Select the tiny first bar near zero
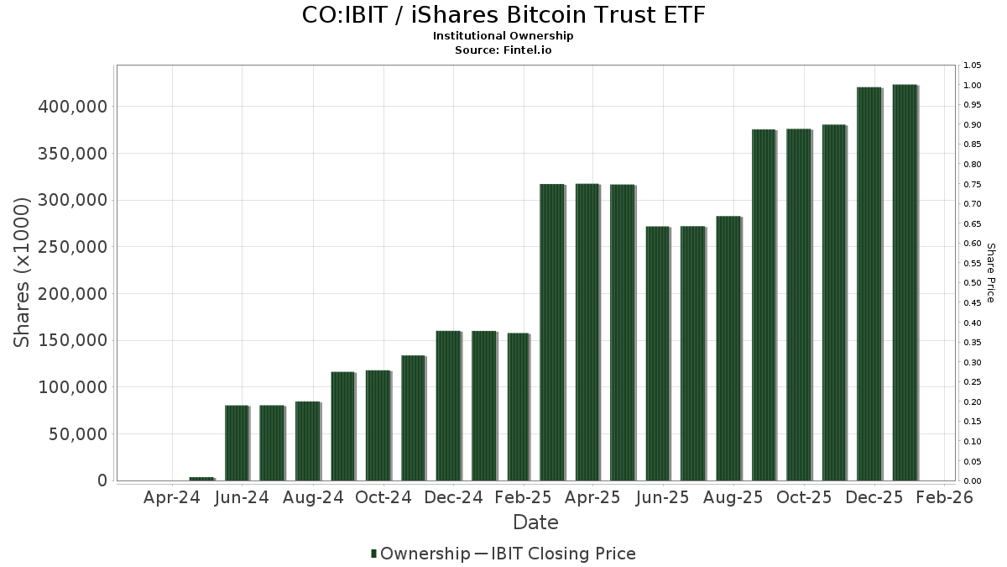point(201,479)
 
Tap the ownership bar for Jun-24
point(237,443)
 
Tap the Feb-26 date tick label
point(944,497)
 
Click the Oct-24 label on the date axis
point(383,497)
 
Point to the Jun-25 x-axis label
point(663,497)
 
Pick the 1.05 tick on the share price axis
point(973,66)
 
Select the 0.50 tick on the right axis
point(973,283)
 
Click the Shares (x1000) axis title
point(23,272)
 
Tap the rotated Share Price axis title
point(990,272)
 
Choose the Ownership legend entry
point(420,554)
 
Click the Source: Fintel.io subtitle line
point(503,50)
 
